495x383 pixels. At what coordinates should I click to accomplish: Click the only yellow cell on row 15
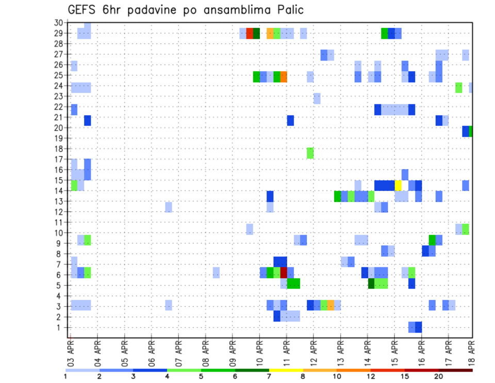pyautogui.click(x=398, y=185)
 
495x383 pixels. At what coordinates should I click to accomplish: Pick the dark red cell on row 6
pyautogui.click(x=284, y=273)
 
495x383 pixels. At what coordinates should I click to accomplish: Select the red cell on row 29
pyautogui.click(x=250, y=34)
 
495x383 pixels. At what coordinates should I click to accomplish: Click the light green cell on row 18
pyautogui.click(x=310, y=153)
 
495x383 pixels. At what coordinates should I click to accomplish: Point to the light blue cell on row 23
pyautogui.click(x=317, y=98)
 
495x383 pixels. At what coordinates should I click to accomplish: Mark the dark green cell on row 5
pyautogui.click(x=371, y=283)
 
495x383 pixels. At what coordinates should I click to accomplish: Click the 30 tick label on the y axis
pyautogui.click(x=58, y=23)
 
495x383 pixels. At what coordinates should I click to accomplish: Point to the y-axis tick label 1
pyautogui.click(x=60, y=327)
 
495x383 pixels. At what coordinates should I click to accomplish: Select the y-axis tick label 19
pyautogui.click(x=58, y=138)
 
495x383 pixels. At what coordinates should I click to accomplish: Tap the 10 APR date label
pyautogui.click(x=259, y=352)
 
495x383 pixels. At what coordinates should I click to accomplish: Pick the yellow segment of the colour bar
pyautogui.click(x=286, y=370)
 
